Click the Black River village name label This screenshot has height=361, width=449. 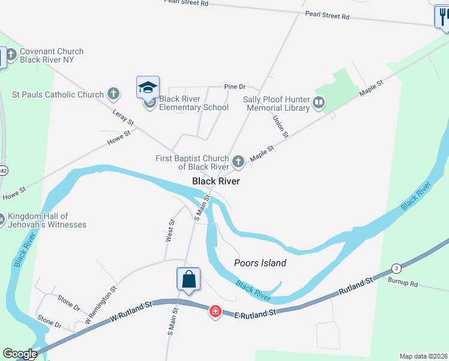(x=216, y=181)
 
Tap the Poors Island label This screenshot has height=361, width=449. (x=260, y=263)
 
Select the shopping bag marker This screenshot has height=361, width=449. (x=188, y=280)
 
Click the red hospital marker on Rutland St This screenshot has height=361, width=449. (x=214, y=311)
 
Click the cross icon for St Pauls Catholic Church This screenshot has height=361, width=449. (x=113, y=94)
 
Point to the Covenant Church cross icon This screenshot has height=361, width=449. (x=13, y=52)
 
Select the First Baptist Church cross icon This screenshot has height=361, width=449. (x=238, y=161)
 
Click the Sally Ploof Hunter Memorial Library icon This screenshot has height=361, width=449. (x=319, y=103)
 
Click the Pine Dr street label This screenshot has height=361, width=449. (x=235, y=87)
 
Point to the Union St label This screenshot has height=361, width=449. (x=280, y=125)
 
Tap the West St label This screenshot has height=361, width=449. (x=170, y=230)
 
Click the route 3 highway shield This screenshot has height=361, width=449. (x=396, y=268)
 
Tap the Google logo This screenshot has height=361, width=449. (x=20, y=354)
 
